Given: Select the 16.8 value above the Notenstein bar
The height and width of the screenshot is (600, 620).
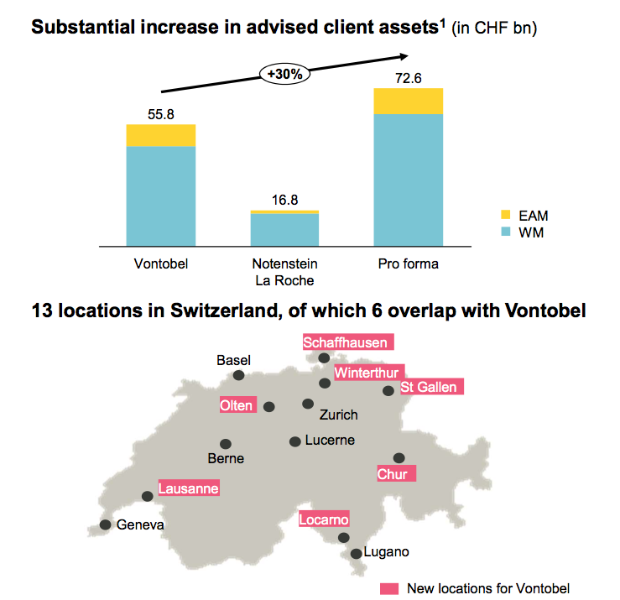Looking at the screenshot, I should (x=284, y=200).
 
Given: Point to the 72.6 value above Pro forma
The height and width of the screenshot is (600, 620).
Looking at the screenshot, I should (x=408, y=78).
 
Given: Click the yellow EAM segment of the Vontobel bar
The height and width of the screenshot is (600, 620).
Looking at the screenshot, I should (x=160, y=135).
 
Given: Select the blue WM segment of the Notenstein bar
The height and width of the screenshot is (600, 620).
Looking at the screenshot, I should (x=284, y=228).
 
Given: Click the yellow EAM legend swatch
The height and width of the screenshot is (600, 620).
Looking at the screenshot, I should (x=505, y=216).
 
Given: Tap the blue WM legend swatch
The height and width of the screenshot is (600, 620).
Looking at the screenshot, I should (x=505, y=232).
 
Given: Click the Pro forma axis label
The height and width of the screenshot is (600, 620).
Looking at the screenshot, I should (x=409, y=263).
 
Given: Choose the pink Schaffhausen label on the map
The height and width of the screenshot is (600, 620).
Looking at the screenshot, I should (x=346, y=342).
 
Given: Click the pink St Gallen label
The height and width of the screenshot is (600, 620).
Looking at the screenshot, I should (x=428, y=387).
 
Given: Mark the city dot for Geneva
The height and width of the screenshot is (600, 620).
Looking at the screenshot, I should (x=105, y=524).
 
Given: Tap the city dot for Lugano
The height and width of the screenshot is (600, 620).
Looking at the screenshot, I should (x=357, y=553).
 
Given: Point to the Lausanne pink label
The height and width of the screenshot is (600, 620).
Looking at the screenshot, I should (x=189, y=488).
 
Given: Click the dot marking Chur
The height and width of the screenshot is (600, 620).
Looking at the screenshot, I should (x=399, y=457).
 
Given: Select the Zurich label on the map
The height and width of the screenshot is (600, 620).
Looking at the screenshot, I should (x=339, y=415).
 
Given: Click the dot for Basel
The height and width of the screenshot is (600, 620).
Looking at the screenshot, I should (x=239, y=375).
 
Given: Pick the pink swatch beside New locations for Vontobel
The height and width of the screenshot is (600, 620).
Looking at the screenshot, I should (x=389, y=588).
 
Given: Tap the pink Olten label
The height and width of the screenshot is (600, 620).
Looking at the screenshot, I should (x=236, y=405).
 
